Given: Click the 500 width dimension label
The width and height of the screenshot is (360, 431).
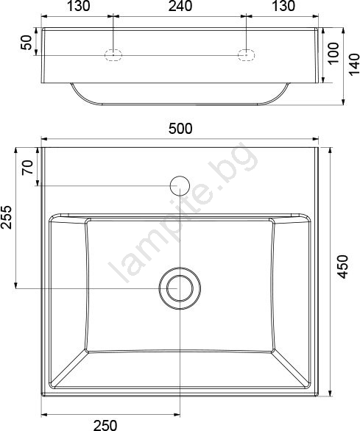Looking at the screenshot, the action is pos(180,129).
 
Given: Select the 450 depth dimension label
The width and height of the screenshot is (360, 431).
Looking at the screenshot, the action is pos(342,267).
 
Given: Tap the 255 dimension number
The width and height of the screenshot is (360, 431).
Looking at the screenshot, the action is pos(7,217).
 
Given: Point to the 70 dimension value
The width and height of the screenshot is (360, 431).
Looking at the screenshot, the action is pos(28,168).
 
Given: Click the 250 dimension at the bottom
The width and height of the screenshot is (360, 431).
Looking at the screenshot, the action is pos(105,425).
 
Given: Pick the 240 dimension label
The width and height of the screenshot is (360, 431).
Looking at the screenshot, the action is pos(180,6).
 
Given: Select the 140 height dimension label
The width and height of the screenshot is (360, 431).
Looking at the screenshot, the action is pos(354,64).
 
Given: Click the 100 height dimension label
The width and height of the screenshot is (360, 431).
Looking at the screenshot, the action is pos(333,52).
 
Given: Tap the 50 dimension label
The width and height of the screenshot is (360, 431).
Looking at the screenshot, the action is pos(27,42).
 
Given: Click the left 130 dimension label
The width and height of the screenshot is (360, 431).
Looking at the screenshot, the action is pos(78,6).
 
